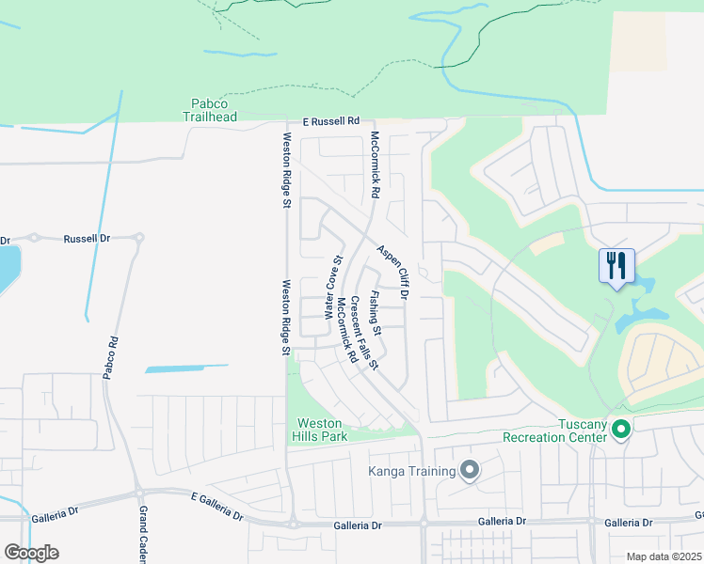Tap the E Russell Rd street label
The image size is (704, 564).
(331, 121)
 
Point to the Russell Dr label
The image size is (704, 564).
(87, 239)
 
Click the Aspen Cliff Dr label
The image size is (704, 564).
(392, 273)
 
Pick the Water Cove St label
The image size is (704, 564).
(332, 287)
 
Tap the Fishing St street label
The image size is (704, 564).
(375, 313)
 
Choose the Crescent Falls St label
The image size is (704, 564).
(363, 333)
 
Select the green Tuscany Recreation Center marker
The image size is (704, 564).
(621, 431)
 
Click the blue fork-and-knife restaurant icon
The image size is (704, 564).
(616, 265)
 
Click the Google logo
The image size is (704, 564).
(31, 553)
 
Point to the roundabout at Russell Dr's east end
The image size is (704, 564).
(140, 238)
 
